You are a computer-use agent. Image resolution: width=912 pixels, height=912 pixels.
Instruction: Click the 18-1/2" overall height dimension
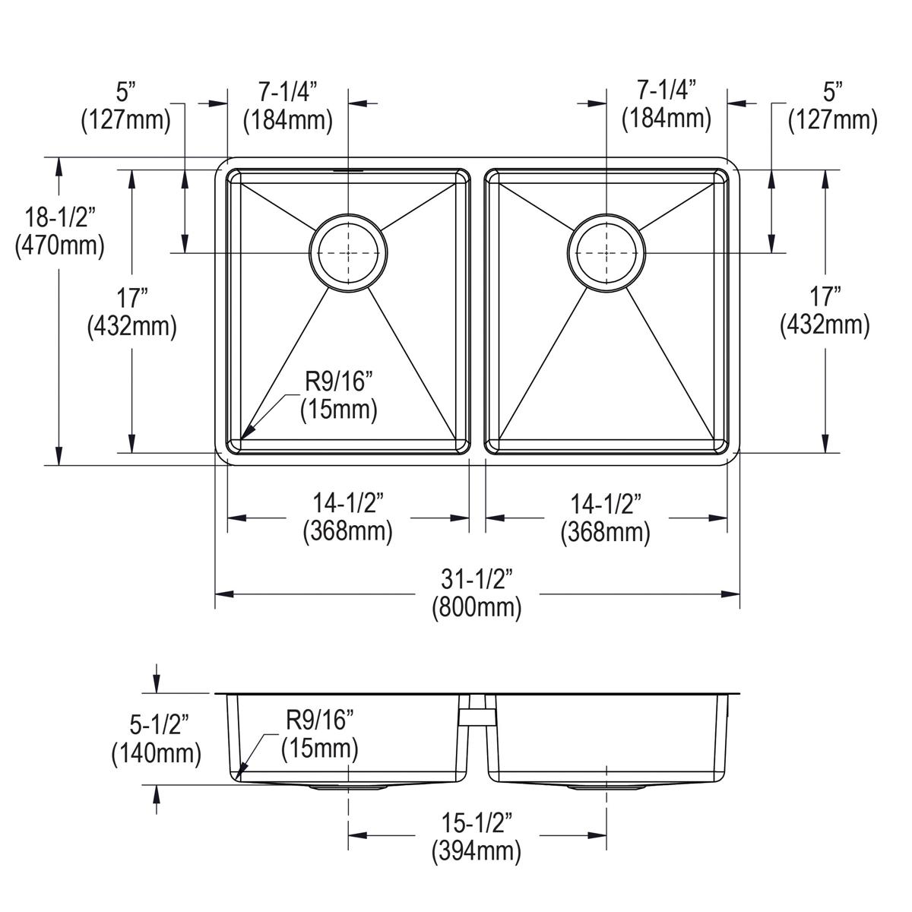pyautogui.click(x=60, y=218)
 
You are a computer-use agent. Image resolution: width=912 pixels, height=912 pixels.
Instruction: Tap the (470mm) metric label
pyautogui.click(x=59, y=246)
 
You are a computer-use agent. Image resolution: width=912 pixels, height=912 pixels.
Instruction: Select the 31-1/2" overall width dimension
pyautogui.click(x=477, y=579)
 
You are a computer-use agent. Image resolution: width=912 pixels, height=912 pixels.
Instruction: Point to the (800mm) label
pyautogui.click(x=477, y=607)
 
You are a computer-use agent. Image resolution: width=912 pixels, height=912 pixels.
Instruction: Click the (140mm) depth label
pyautogui.click(x=157, y=753)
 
